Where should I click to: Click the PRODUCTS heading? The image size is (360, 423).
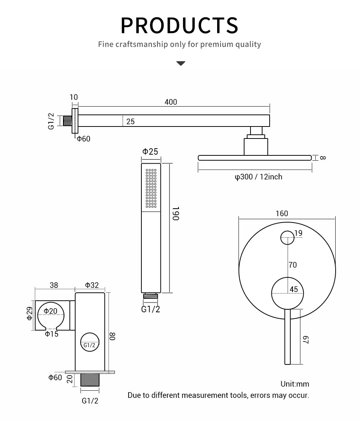pos(179,25)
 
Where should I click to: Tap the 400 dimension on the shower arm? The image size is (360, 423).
pos(171,102)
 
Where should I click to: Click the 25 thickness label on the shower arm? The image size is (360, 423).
pos(130,122)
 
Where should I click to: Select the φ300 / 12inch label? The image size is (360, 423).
pos(258,176)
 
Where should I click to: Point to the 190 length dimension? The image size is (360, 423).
pos(176,213)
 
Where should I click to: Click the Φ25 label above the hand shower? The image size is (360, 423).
pos(150,152)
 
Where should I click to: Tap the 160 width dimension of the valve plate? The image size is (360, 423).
pos(282,214)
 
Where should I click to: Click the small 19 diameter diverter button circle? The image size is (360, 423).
pos(288,238)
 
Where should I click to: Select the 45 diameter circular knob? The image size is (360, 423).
pos(288,293)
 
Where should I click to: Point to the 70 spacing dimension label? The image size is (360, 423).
pos(292,265)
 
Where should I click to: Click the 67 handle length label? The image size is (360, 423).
pos(306,339)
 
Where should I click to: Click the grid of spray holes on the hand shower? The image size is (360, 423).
pos(151,188)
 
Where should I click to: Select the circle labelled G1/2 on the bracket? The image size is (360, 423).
pos(90,342)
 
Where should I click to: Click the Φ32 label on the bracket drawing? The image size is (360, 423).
pos(91,285)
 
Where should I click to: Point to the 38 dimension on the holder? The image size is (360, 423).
pos(54,285)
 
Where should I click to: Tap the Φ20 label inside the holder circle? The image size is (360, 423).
pos(50,311)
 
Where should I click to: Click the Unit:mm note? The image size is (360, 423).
pos(295,384)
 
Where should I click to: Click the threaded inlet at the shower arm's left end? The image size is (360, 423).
pos(67,121)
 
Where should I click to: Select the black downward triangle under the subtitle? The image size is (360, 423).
pos(181,63)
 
